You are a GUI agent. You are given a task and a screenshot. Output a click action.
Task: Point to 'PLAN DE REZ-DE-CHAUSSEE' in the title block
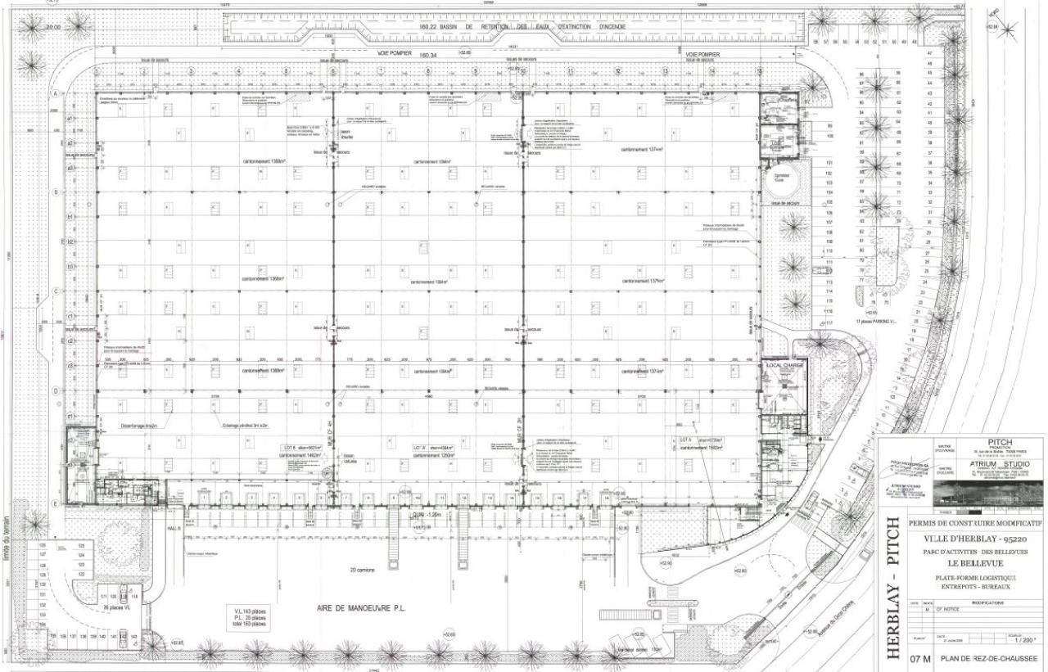[989, 658]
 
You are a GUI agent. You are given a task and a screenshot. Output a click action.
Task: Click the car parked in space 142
[123, 636]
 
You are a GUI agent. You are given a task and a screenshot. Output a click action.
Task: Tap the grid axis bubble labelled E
[55, 503]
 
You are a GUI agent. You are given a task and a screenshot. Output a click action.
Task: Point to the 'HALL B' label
[173, 529]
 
